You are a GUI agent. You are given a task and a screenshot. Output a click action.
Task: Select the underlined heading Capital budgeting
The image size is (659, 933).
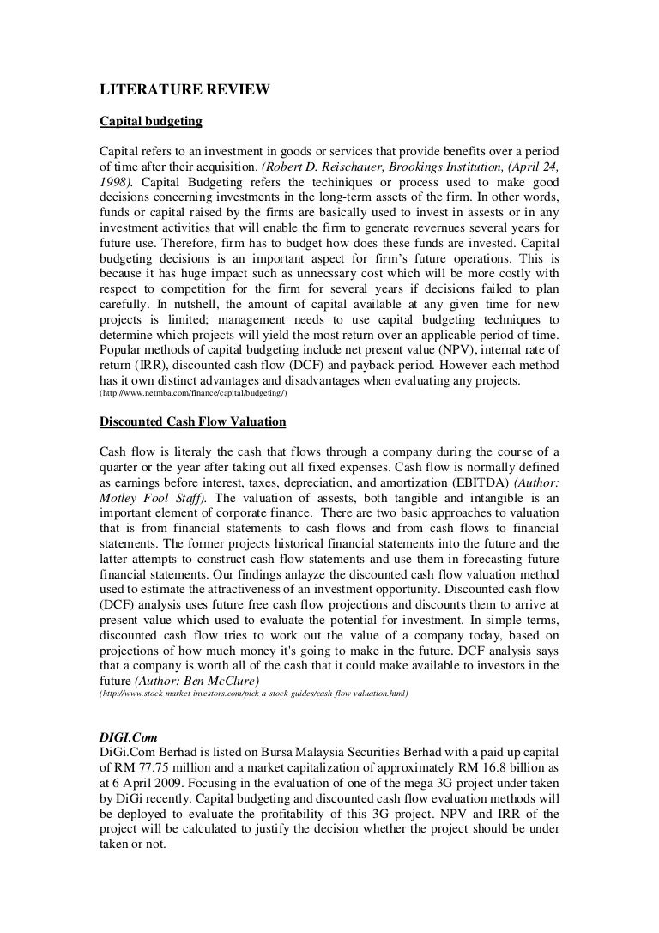(x=151, y=122)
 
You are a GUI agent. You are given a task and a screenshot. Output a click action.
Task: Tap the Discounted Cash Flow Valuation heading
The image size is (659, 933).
(x=193, y=421)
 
